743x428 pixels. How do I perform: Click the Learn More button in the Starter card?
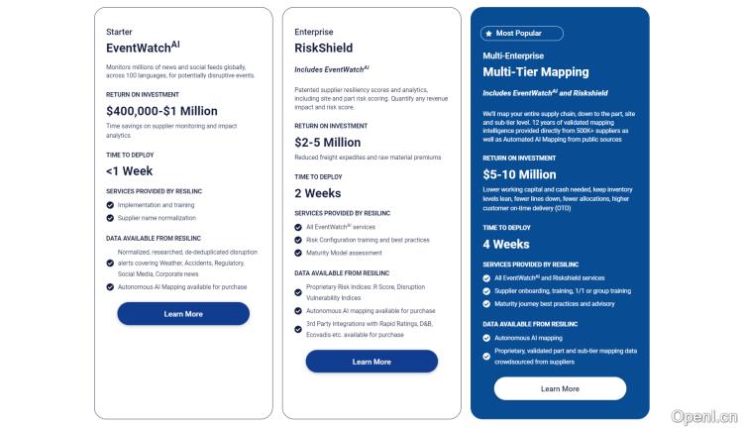tap(183, 314)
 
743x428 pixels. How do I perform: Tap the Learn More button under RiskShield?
tap(371, 362)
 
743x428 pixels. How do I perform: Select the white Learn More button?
tap(560, 388)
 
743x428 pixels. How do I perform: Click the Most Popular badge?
tap(522, 34)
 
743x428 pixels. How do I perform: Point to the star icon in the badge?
tap(489, 34)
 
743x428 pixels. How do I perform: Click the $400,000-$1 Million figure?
tap(161, 111)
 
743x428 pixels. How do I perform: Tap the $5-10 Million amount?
tap(519, 174)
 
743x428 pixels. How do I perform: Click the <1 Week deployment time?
tap(130, 171)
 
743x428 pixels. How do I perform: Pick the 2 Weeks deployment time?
tap(317, 193)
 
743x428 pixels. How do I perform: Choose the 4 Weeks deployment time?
tap(506, 244)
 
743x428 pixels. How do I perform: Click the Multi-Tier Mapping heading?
tap(536, 72)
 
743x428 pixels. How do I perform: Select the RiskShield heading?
tap(323, 48)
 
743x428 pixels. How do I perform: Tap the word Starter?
tap(119, 32)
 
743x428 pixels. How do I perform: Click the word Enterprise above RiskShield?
tap(314, 32)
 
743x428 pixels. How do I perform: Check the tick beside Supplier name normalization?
tap(110, 218)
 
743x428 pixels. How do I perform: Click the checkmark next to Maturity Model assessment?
tap(298, 253)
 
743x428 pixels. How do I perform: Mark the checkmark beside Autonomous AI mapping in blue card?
tap(486, 338)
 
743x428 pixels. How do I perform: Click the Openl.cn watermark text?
tap(704, 417)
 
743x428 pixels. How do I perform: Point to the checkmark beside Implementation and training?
tap(110, 205)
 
